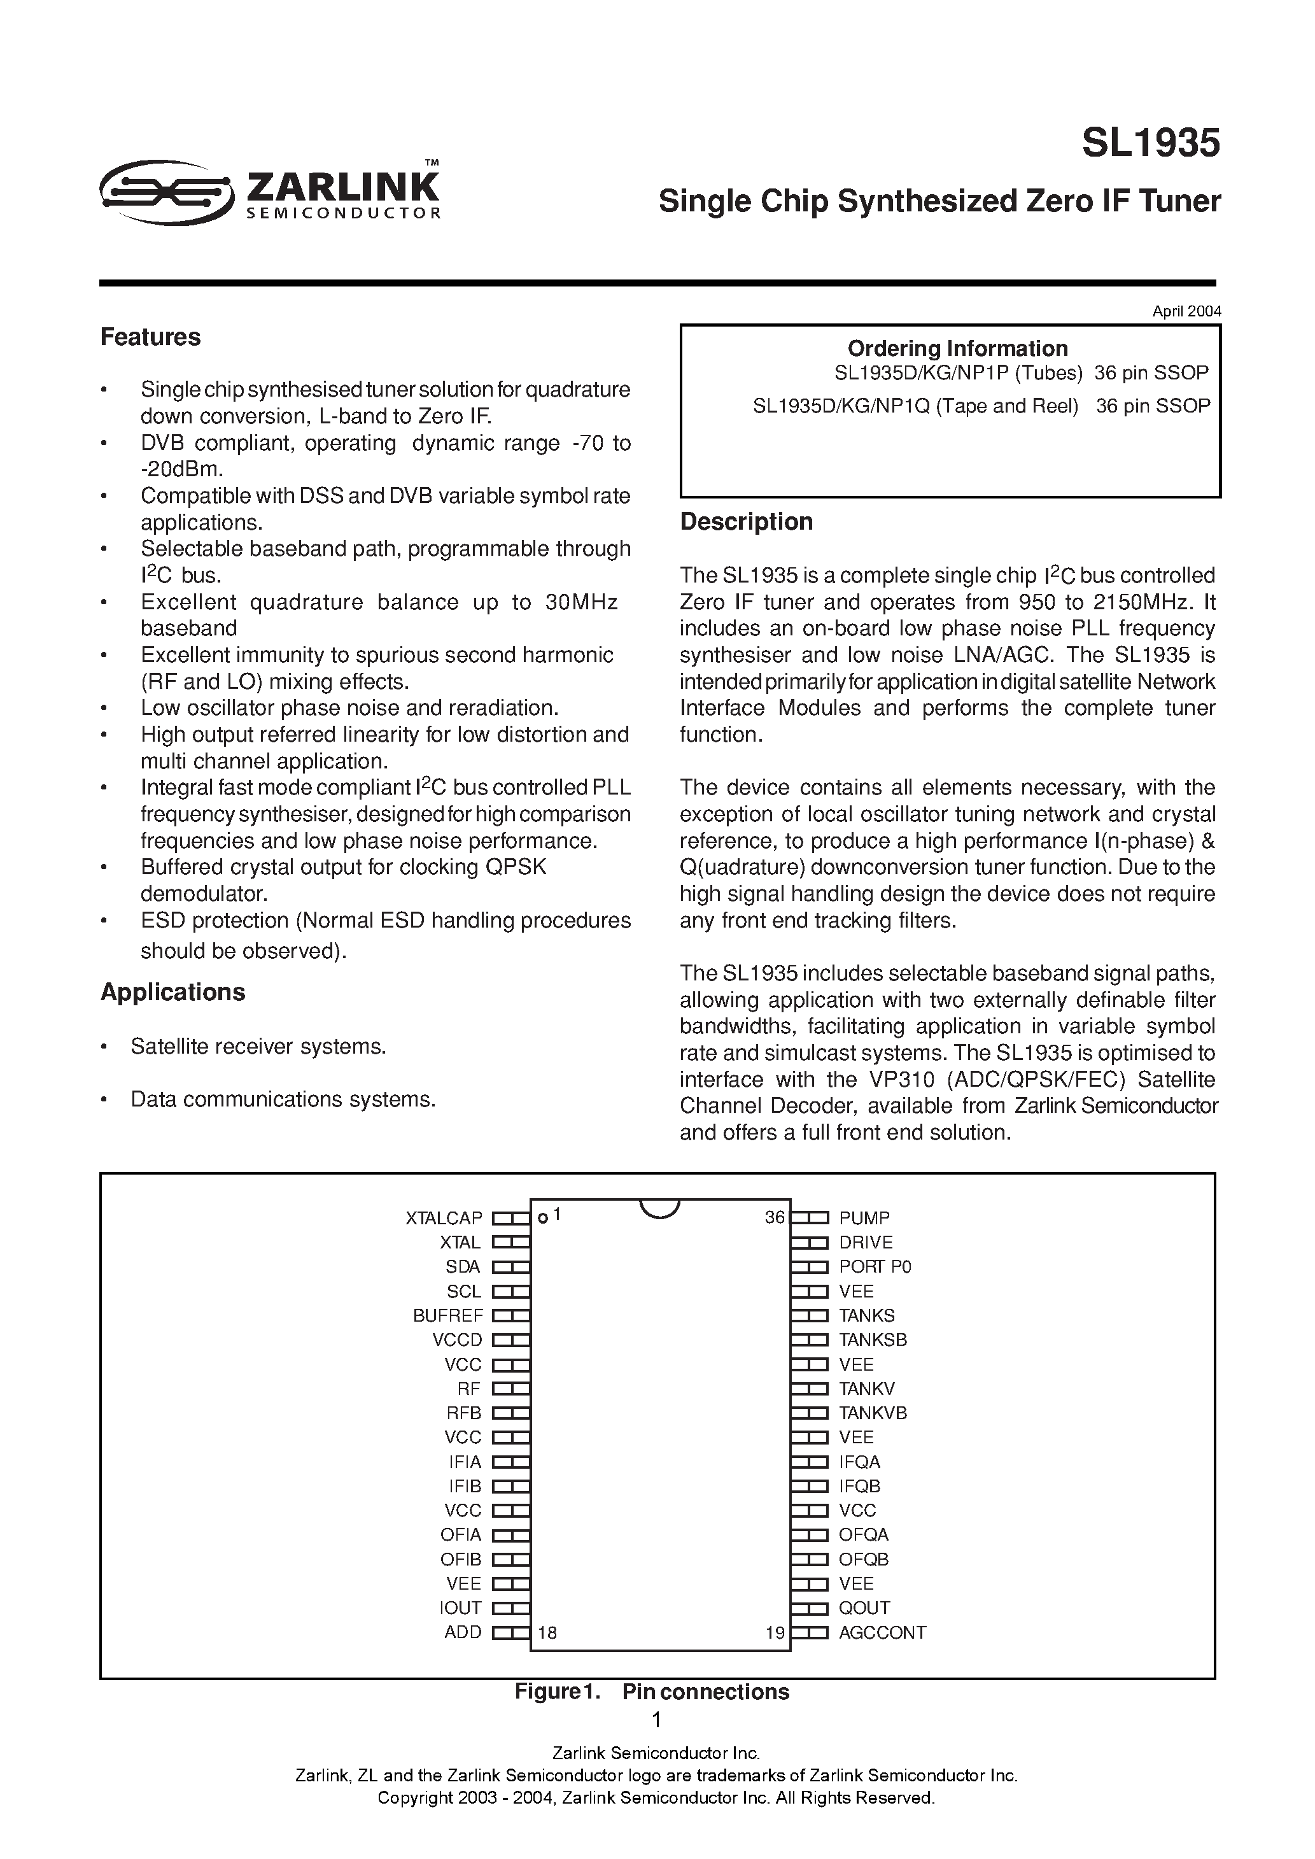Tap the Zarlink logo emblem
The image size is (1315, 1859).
coord(166,192)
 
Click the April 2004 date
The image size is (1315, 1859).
coord(1186,311)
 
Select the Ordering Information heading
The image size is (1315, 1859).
coord(957,348)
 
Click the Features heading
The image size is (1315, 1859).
coord(151,337)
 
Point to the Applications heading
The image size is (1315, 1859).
coord(172,992)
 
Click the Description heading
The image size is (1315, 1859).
coord(746,521)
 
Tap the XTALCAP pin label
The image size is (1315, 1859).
coord(444,1218)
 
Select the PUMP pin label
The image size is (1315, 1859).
coord(864,1218)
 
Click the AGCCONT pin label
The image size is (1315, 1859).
coord(882,1632)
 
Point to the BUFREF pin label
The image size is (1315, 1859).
coord(448,1316)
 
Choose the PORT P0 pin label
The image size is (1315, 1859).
coord(875,1266)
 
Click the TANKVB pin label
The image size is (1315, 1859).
coord(872,1413)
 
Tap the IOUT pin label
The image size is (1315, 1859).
coord(460,1608)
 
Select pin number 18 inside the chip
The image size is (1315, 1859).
coord(547,1632)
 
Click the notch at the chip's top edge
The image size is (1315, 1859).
coord(659,1207)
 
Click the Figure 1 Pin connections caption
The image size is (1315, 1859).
coord(652,1692)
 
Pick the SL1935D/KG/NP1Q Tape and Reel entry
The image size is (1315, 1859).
coord(915,406)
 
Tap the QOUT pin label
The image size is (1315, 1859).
coord(864,1608)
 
